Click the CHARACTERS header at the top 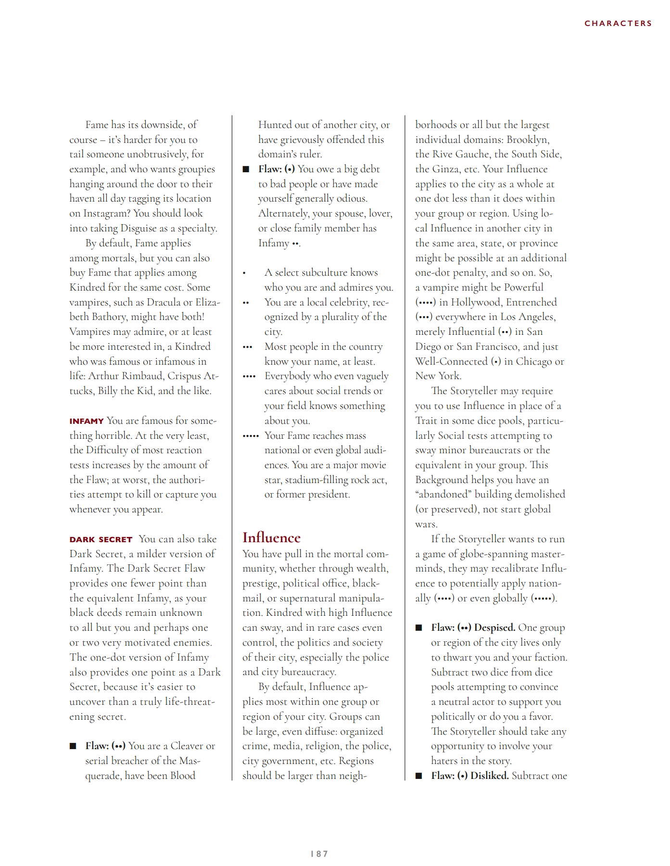click(x=618, y=23)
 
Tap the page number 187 click(x=319, y=853)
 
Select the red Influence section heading click(x=271, y=537)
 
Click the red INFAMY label click(x=87, y=421)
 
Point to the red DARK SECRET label click(x=101, y=539)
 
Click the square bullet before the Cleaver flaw click(x=73, y=746)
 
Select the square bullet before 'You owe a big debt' click(x=246, y=169)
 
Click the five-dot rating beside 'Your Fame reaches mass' click(x=251, y=436)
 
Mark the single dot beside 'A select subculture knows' click(x=244, y=273)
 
